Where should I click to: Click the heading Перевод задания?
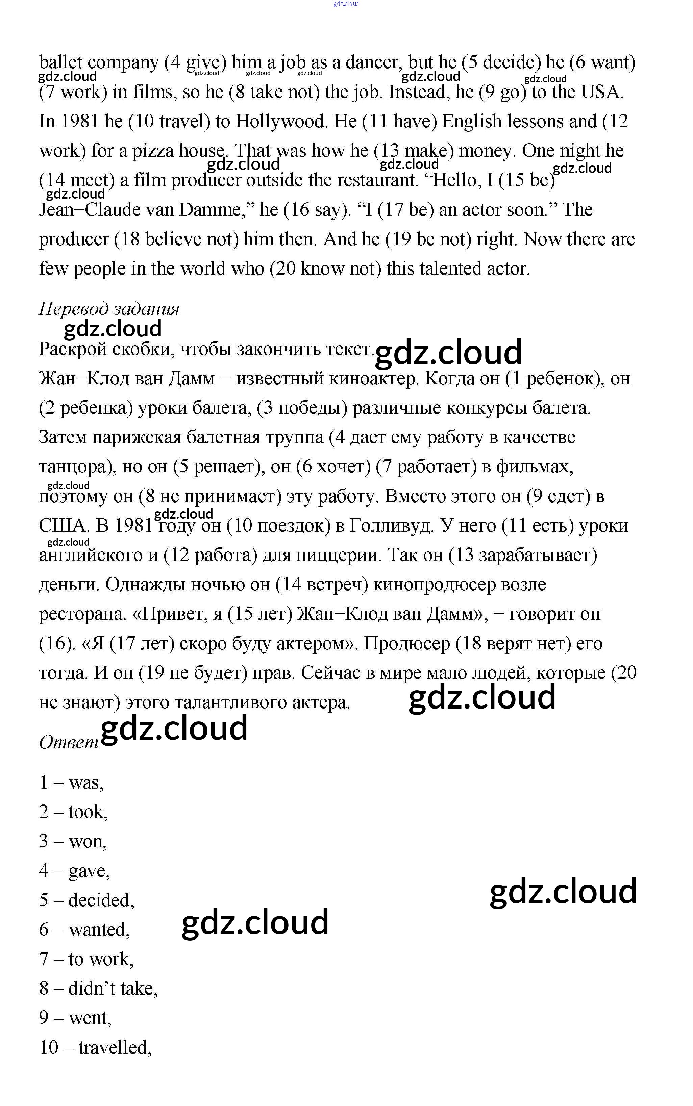[109, 309]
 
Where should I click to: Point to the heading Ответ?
[69, 742]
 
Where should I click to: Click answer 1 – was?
[72, 783]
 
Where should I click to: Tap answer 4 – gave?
[74, 871]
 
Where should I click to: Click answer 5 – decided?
[86, 900]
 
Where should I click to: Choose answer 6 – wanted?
[84, 930]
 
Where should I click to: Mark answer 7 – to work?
[86, 959]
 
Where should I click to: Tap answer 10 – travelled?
[95, 1047]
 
